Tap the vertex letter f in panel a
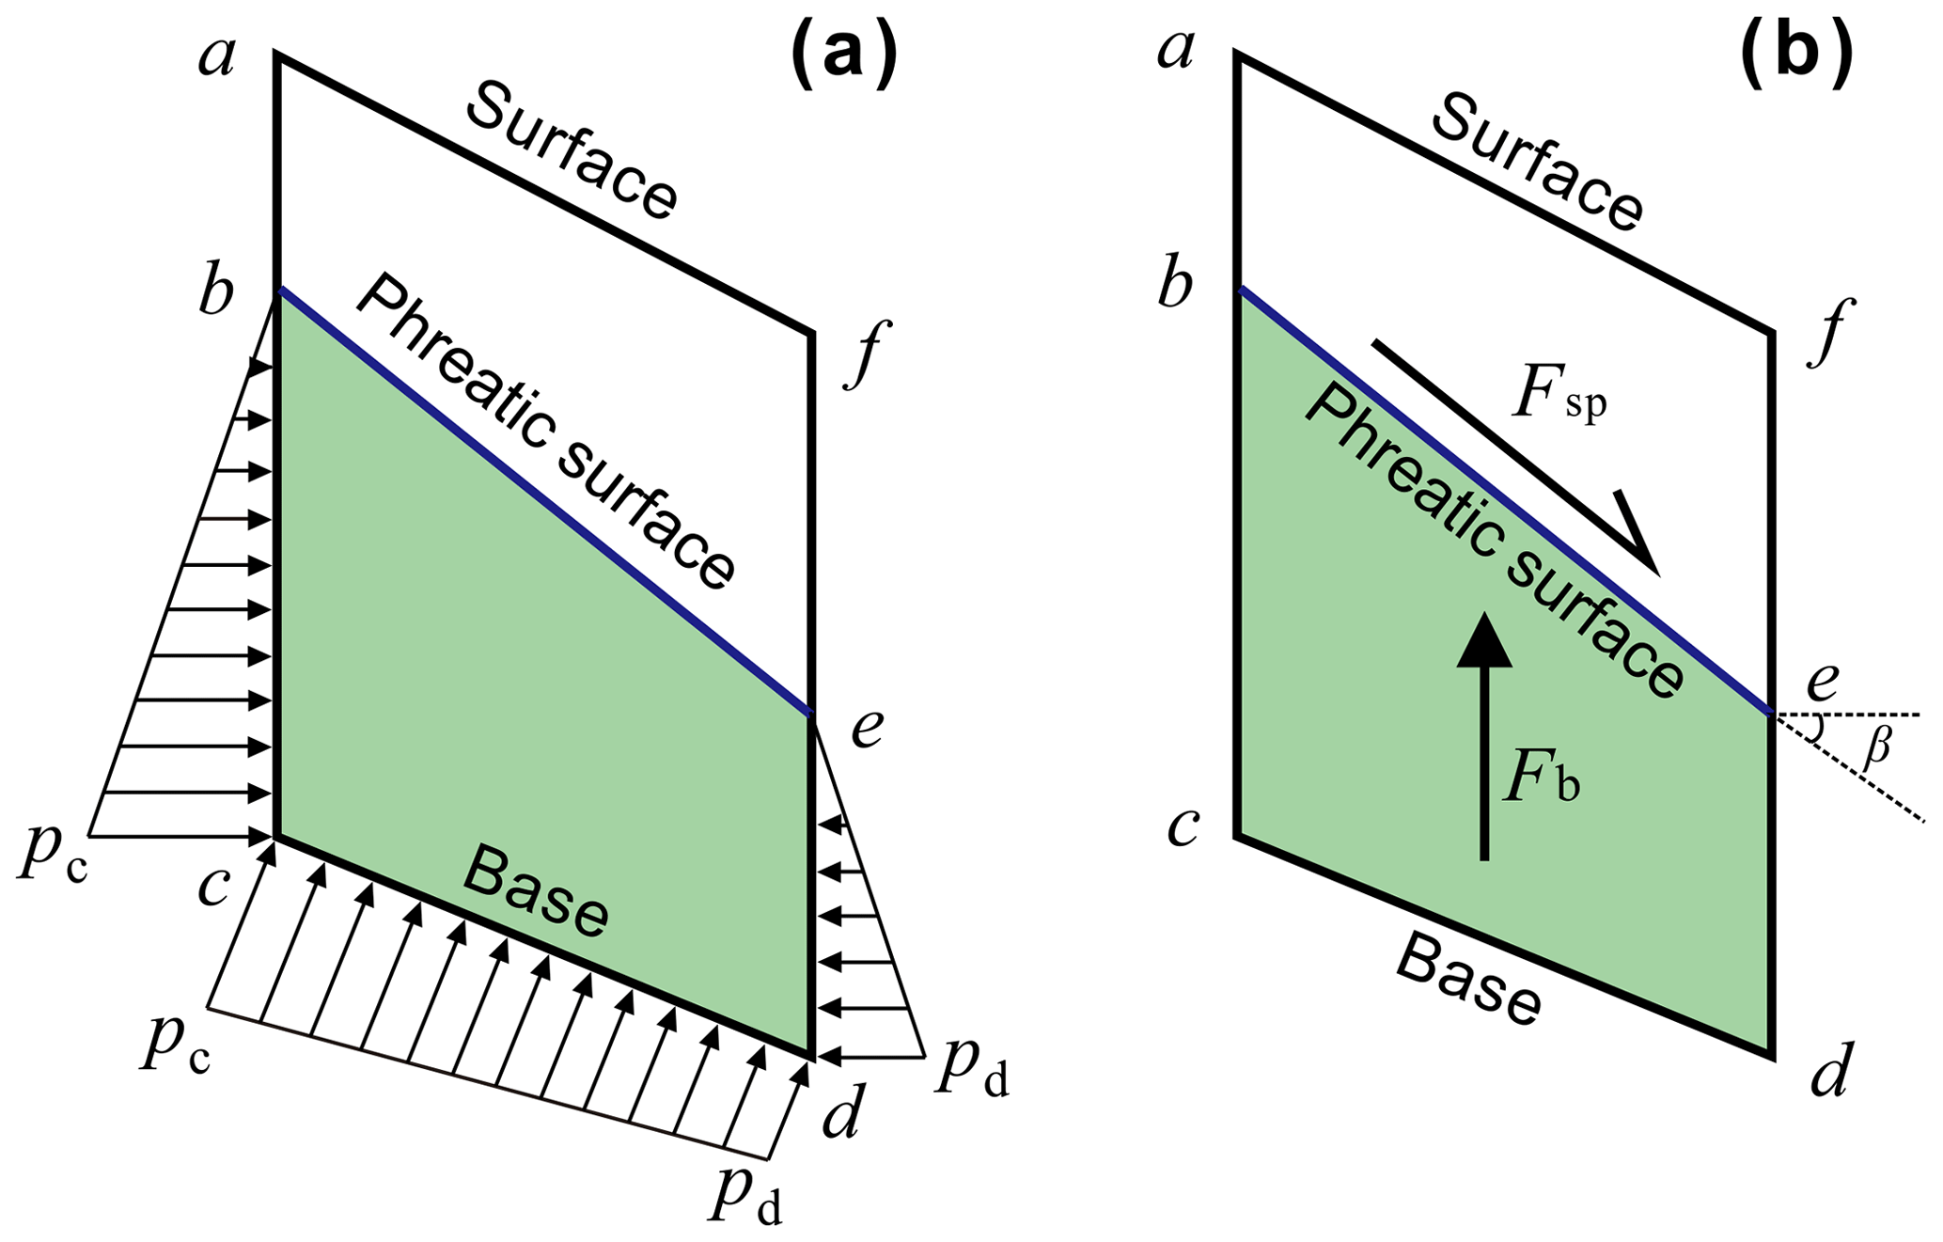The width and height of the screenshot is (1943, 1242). point(866,354)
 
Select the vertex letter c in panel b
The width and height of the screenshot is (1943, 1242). point(1182,826)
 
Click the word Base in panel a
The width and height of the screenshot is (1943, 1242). point(536,890)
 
